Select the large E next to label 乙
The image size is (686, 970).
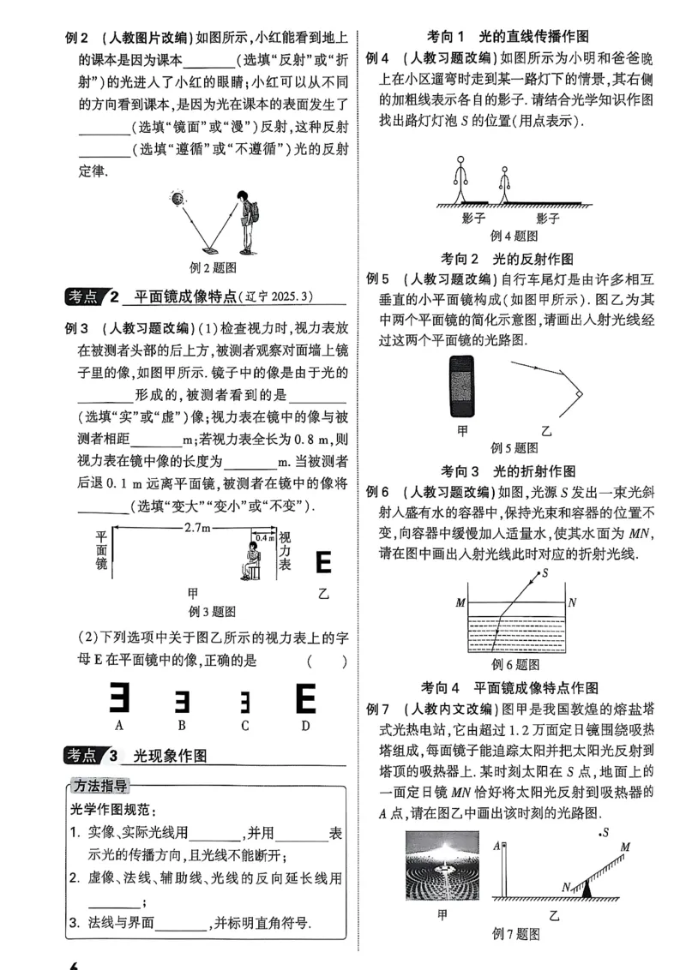pyautogui.click(x=323, y=563)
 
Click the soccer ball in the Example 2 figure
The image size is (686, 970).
pyautogui.click(x=178, y=200)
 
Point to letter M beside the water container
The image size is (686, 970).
pyautogui.click(x=460, y=602)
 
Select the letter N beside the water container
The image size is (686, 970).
pyautogui.click(x=573, y=602)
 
